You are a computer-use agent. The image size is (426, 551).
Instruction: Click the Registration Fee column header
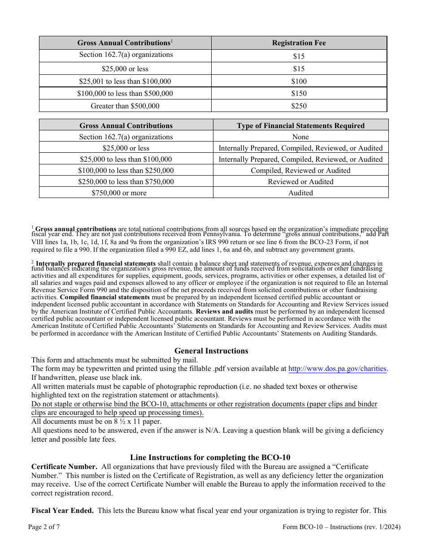click(x=299, y=43)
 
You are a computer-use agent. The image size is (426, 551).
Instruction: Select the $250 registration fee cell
click(x=299, y=106)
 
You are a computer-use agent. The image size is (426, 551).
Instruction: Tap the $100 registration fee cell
click(x=299, y=81)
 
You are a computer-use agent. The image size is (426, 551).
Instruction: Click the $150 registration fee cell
click(x=299, y=94)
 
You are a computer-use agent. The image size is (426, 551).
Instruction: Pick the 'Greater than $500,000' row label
click(x=125, y=106)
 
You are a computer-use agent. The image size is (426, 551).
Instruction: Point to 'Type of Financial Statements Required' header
click(x=300, y=126)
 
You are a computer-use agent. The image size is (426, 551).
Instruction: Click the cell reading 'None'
click(x=300, y=137)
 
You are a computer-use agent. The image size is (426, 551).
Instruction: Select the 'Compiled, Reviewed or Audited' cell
click(x=300, y=171)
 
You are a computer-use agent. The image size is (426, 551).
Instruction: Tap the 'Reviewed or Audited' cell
click(x=300, y=182)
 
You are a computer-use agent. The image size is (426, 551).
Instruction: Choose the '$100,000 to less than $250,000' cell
click(x=126, y=171)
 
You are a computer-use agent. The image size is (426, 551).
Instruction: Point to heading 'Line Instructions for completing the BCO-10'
click(x=210, y=457)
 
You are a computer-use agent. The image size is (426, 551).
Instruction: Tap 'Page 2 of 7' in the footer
click(x=44, y=527)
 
